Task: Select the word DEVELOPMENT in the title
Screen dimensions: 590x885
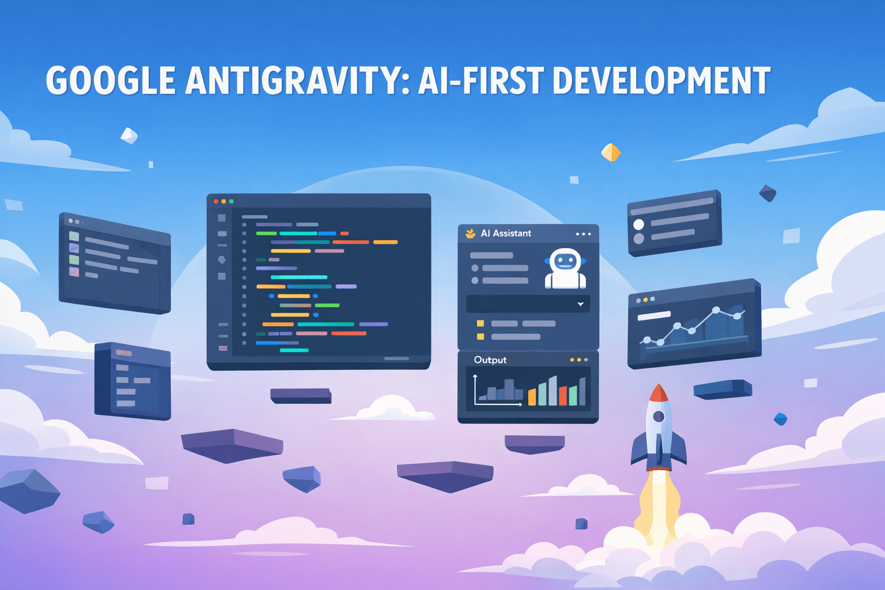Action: click(661, 81)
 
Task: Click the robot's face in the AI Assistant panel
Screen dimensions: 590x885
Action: click(565, 262)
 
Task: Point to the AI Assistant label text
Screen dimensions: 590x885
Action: click(506, 233)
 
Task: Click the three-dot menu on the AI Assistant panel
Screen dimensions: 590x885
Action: click(583, 234)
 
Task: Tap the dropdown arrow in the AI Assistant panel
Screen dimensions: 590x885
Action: click(580, 304)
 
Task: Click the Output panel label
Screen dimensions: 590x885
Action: click(490, 360)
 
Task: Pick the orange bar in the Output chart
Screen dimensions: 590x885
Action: click(532, 396)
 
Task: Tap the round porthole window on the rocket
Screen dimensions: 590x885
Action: click(659, 417)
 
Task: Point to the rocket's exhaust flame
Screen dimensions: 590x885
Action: click(656, 501)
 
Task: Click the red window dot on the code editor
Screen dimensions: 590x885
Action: click(216, 202)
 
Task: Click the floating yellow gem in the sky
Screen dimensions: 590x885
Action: click(611, 152)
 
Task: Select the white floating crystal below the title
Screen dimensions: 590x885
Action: click(129, 136)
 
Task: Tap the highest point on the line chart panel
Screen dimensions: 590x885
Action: click(716, 311)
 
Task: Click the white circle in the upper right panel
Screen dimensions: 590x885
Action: click(638, 224)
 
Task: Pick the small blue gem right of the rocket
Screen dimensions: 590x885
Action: click(780, 419)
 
